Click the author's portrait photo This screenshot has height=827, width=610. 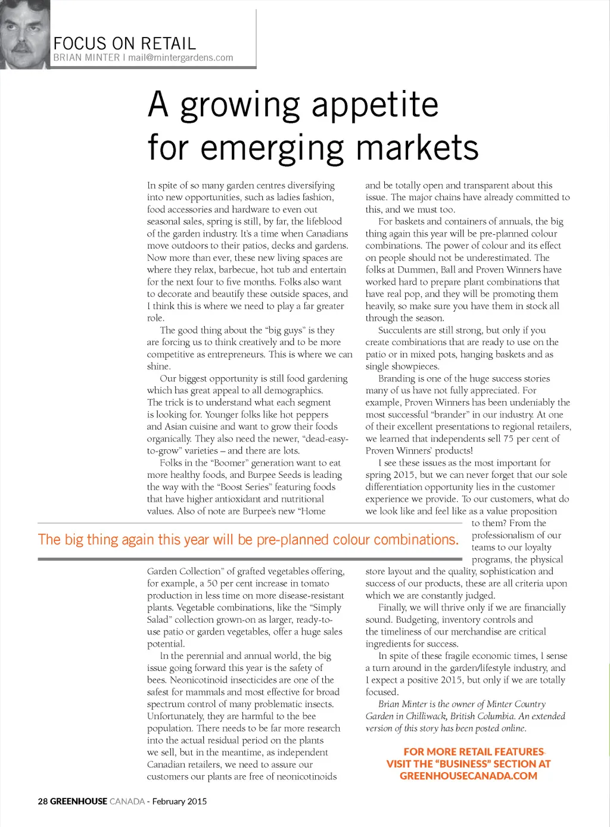(x=24, y=35)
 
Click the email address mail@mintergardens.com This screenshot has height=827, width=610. (x=180, y=58)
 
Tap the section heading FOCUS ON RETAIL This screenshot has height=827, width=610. (x=125, y=43)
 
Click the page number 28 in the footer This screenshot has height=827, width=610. (x=43, y=801)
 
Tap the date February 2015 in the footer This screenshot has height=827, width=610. (x=179, y=801)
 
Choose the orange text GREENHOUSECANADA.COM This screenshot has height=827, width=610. (x=468, y=776)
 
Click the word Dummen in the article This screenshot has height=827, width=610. (x=416, y=270)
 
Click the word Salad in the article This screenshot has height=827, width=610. (x=160, y=620)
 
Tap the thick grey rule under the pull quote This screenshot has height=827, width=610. (x=250, y=559)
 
